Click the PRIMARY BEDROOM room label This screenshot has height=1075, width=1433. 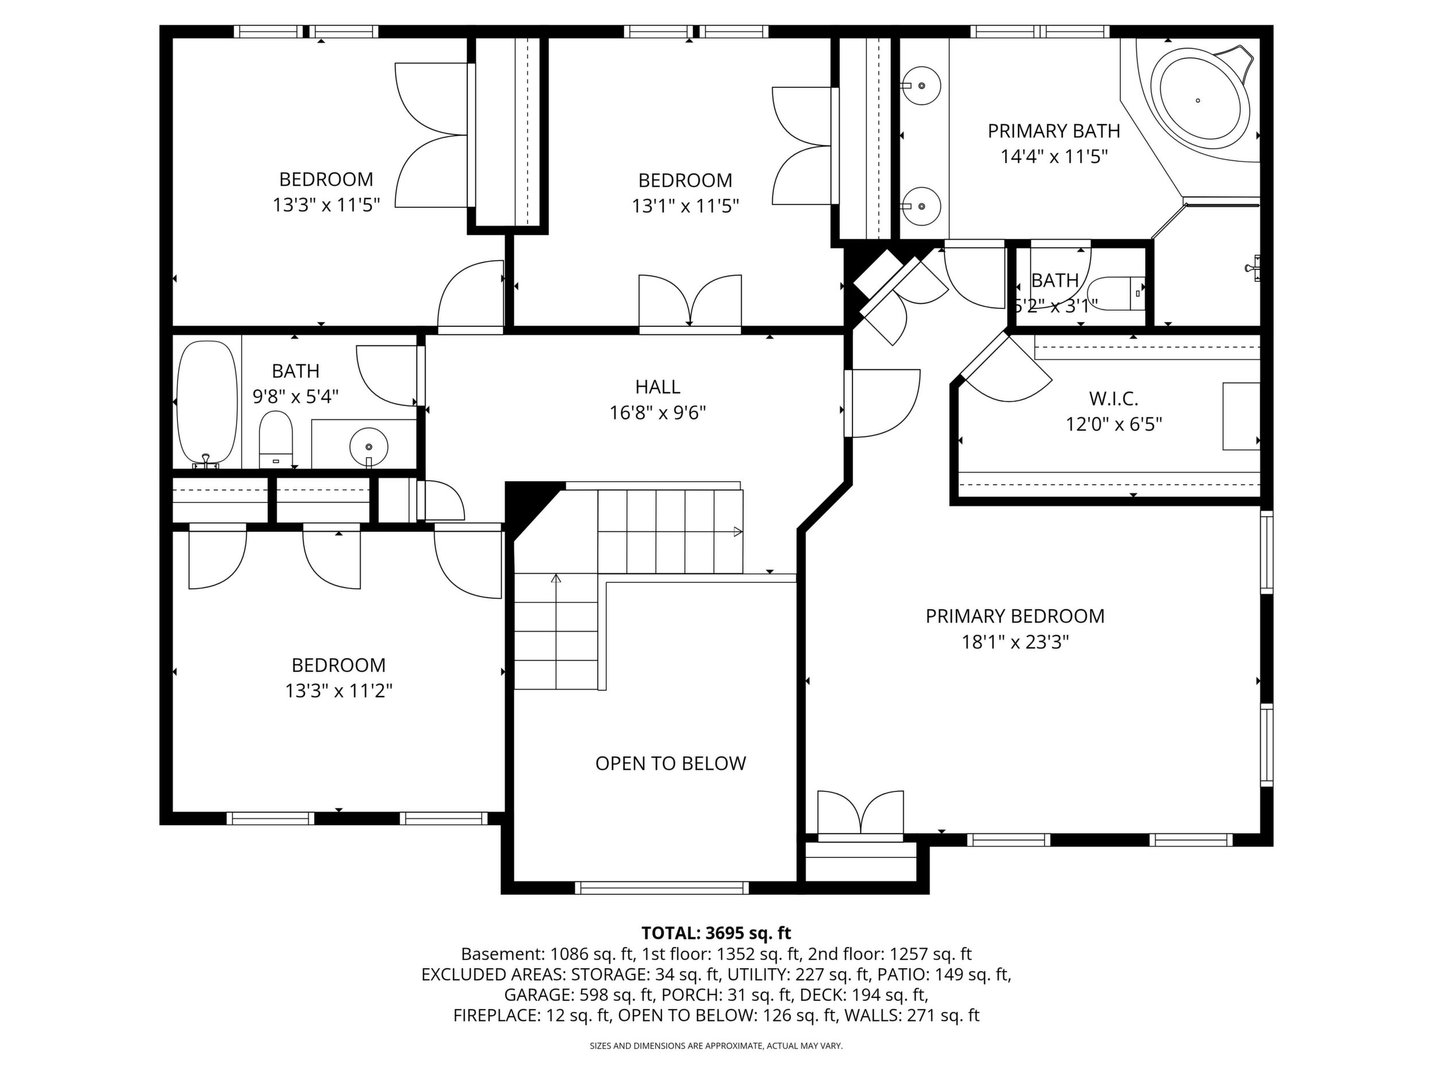(x=1014, y=616)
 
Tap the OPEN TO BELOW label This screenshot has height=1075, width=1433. (x=671, y=763)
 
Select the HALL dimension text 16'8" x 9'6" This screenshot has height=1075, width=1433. (x=657, y=413)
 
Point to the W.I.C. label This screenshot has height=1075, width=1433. (x=1114, y=398)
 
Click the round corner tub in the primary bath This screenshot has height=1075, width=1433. (x=1204, y=100)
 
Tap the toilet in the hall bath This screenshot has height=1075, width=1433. (x=276, y=440)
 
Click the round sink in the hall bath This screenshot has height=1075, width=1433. (x=369, y=446)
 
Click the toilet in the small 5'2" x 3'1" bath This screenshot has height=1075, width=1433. (x=1116, y=293)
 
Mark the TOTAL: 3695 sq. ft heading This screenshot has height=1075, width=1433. (x=716, y=933)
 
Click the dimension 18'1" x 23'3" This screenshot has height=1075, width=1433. (x=1014, y=642)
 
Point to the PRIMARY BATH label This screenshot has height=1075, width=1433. (x=1054, y=131)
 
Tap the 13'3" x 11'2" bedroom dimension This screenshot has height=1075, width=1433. (x=339, y=691)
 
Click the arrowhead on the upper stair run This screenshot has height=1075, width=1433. (x=737, y=532)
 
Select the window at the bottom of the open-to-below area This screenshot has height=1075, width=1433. (x=662, y=888)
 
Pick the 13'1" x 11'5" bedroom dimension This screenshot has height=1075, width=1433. (x=685, y=206)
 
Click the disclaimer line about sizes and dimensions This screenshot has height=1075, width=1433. (x=716, y=1046)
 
